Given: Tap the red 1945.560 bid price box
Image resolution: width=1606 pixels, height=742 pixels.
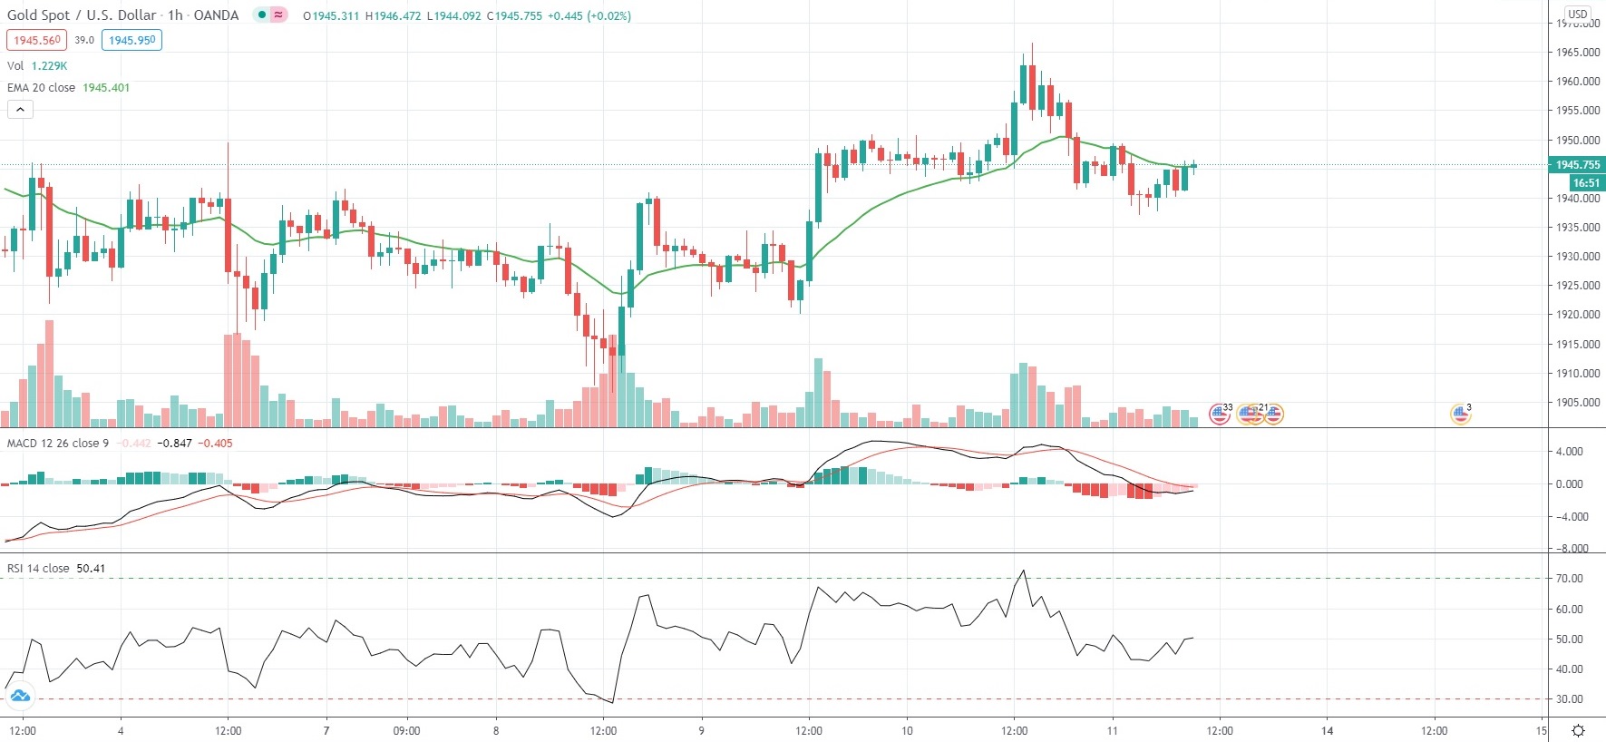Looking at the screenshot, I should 36,40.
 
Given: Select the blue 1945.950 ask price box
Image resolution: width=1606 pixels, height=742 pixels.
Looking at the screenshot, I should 131,40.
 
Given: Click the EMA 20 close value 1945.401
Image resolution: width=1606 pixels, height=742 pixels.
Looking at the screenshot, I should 106,88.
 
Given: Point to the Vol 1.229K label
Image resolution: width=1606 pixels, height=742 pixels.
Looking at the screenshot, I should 37,66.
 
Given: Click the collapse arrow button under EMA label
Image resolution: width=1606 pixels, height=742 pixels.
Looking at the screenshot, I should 20,110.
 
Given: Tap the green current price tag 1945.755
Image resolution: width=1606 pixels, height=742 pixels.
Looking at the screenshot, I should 1577,165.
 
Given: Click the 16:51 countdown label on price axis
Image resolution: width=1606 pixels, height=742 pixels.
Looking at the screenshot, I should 1586,182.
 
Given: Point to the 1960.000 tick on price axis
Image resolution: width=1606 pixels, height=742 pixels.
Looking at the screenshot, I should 1578,82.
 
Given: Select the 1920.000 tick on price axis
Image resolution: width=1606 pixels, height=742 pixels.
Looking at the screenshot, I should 1578,315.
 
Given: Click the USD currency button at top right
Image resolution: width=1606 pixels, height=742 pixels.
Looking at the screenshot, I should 1578,14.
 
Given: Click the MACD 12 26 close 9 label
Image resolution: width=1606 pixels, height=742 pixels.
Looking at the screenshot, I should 58,444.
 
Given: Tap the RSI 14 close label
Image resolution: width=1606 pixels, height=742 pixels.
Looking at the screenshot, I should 38,569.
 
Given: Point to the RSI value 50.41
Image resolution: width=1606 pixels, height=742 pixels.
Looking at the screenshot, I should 91,569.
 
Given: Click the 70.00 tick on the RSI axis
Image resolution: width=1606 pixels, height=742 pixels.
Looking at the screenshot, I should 1569,579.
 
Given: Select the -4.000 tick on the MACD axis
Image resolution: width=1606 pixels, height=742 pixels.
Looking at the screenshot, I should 1571,517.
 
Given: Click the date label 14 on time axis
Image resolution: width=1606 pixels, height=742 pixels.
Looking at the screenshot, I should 1327,730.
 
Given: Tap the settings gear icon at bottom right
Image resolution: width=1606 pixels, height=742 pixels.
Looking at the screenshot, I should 1578,730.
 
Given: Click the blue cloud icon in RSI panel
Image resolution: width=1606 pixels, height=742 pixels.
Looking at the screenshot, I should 19,697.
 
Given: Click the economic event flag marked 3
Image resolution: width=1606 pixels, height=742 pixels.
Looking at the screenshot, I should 1460,415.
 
